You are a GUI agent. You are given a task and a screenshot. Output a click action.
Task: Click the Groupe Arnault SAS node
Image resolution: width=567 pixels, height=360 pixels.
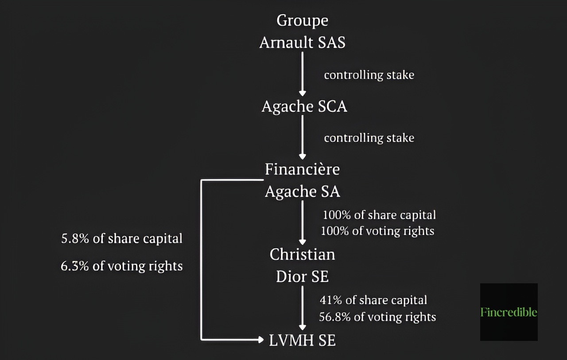pos(303,31)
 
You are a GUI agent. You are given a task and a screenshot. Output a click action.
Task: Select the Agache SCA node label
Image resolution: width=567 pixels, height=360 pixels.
pos(304,106)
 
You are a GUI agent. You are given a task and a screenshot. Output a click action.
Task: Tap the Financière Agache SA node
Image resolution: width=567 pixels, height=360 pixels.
pos(303,180)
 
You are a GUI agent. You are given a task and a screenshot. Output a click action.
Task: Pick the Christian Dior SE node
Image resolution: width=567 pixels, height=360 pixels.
pos(303,266)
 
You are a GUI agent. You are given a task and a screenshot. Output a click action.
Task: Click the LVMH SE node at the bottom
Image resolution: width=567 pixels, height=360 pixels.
pos(303,340)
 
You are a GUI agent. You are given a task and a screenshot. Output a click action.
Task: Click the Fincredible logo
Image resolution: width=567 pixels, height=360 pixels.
pos(509,312)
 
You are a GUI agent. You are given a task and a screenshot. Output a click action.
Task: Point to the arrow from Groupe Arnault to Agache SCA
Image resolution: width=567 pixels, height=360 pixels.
pos(303,73)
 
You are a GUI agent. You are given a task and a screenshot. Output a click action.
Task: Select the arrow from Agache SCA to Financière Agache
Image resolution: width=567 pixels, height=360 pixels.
pos(303,137)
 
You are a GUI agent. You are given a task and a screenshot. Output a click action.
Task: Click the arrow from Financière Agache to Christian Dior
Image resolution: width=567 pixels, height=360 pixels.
pos(303,222)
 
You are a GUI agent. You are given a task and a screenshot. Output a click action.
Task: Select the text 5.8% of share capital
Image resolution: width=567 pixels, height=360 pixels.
pos(122,239)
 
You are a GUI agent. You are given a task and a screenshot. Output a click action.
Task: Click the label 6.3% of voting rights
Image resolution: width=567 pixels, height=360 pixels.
pos(122,266)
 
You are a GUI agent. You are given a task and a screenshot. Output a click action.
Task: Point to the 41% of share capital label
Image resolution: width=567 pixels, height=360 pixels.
pos(373,300)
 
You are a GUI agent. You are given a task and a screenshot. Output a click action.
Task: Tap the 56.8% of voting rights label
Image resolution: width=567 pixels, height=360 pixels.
pos(377,317)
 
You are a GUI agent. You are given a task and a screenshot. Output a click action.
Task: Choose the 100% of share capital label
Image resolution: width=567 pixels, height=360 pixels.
pos(379,215)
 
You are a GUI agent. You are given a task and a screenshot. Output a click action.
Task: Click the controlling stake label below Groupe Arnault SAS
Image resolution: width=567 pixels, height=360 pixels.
pos(369,75)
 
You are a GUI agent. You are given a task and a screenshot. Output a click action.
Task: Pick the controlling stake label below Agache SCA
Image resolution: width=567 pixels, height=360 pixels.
pos(369,138)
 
